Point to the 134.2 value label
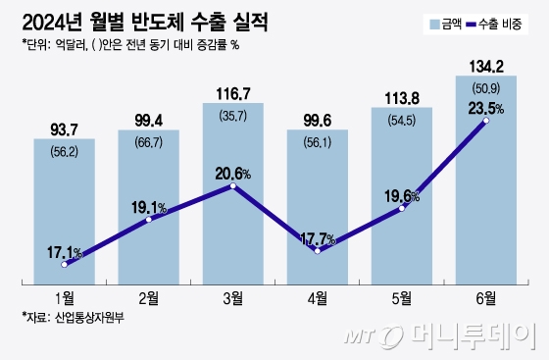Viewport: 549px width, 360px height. tap(487, 66)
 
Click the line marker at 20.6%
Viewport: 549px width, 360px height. tap(232, 185)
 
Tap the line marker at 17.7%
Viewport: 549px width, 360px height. tap(318, 251)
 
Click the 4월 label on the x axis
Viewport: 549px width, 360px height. tap(318, 295)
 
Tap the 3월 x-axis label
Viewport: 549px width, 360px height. tap(232, 295)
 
